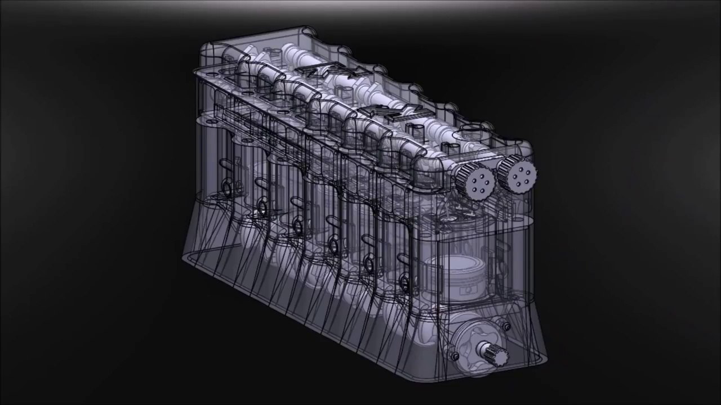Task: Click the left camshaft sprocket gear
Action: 477,181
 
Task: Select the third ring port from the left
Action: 297,226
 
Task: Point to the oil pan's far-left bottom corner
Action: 184,258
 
